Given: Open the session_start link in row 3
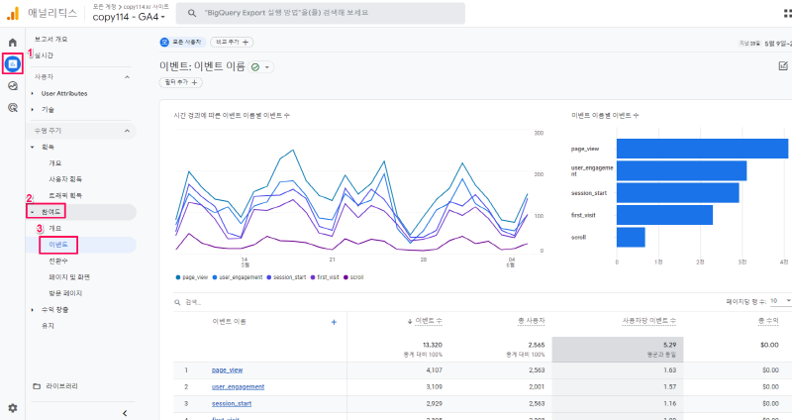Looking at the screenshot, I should tap(231, 403).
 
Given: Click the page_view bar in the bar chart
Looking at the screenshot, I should tap(702, 149).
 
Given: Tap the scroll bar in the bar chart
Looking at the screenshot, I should tap(630, 237).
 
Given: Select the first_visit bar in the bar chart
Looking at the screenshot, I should tap(664, 215).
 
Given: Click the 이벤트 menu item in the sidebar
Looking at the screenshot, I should tap(58, 244).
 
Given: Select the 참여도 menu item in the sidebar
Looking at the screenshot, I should tap(50, 212).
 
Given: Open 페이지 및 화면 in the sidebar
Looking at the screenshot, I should tap(69, 276).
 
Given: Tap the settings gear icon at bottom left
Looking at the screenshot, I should tap(13, 407).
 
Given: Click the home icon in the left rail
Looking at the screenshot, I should tap(13, 43).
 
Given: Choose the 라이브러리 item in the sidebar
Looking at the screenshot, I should tap(61, 385).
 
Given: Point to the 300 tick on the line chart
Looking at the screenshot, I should tap(538, 133).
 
